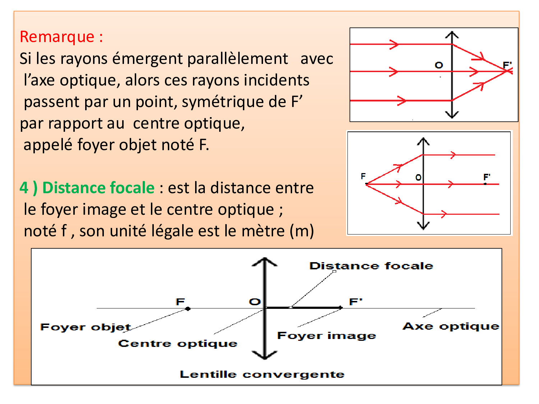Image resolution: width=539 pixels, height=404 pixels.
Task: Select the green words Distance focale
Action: click(x=98, y=188)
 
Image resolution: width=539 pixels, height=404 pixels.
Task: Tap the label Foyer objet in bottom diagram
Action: click(x=86, y=327)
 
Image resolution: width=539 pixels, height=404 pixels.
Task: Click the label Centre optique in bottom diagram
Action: click(x=178, y=344)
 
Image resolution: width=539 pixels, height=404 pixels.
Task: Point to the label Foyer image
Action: click(x=327, y=335)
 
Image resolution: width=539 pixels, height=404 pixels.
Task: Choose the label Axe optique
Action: click(x=451, y=326)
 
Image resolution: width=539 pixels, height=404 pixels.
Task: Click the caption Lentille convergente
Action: click(x=262, y=374)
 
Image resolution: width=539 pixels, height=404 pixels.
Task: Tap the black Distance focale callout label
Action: click(x=371, y=266)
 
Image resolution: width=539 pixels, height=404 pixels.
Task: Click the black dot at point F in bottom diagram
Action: click(x=188, y=308)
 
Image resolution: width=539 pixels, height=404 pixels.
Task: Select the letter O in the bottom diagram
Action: click(x=255, y=301)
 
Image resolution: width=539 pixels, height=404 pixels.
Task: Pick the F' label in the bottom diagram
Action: click(x=356, y=301)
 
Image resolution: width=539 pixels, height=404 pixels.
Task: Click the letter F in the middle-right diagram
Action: click(x=363, y=176)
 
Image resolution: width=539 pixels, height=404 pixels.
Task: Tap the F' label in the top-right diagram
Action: click(x=507, y=65)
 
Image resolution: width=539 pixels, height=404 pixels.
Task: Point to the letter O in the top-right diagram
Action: click(x=439, y=65)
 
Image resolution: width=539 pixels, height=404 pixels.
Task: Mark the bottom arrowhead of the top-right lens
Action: click(x=452, y=115)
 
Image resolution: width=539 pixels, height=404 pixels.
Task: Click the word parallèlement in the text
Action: click(x=238, y=59)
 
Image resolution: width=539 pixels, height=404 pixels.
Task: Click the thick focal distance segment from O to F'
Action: click(x=304, y=307)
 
